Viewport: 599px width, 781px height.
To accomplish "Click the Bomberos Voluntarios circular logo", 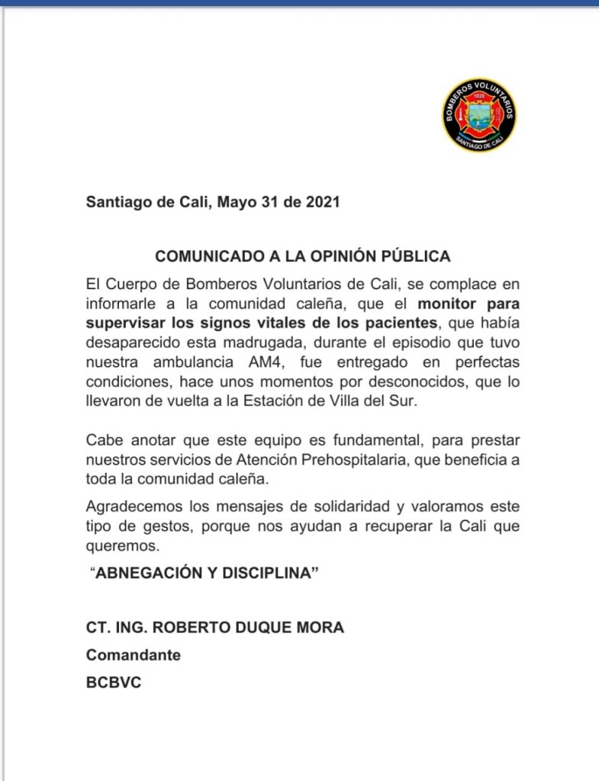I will coord(479,114).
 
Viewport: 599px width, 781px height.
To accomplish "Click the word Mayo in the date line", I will coord(235,203).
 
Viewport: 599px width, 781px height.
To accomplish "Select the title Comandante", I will coord(133,655).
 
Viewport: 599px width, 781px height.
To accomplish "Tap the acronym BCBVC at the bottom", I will coord(114,683).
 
